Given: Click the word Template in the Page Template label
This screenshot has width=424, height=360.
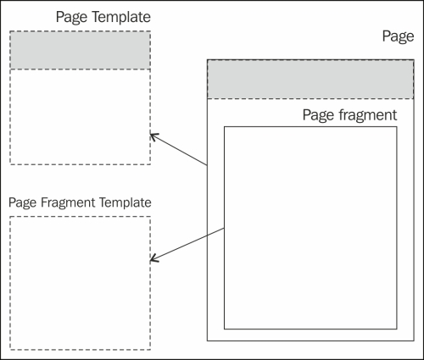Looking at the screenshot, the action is click(121, 17).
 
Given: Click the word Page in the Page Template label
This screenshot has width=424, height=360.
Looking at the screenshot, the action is click(72, 18).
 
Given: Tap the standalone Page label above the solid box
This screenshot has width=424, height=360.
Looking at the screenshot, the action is click(398, 36).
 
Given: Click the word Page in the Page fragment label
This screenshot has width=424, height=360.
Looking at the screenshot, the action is click(319, 115).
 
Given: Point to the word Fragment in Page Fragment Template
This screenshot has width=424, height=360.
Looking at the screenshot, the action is click(68, 202).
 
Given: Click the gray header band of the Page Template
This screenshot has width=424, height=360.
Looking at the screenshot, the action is click(81, 50).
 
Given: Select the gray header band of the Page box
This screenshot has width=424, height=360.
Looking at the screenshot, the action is click(310, 80).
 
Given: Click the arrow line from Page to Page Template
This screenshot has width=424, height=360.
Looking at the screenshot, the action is click(179, 150).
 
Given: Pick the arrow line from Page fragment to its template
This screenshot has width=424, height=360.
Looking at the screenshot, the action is click(187, 244).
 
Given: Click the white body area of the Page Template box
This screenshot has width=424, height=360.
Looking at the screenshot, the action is click(81, 117).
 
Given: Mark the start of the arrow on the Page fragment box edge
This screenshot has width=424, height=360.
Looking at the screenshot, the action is click(224, 228).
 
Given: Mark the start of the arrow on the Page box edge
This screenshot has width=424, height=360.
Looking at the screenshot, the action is click(207, 165).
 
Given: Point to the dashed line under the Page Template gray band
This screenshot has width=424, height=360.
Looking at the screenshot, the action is click(81, 69).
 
